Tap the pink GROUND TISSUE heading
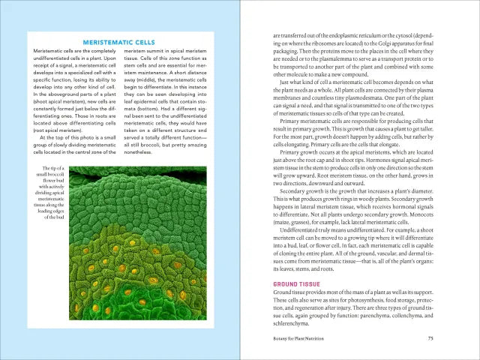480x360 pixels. pyautogui.click(x=297, y=284)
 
